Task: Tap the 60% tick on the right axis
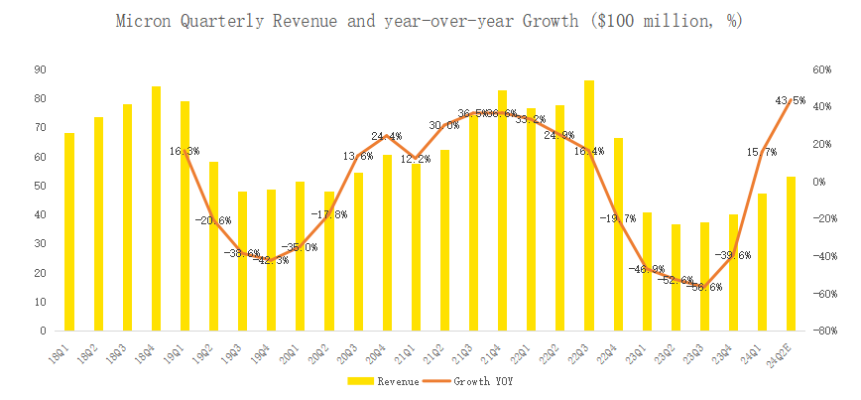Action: tap(821, 69)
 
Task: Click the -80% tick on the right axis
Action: tap(819, 331)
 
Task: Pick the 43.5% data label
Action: tap(790, 101)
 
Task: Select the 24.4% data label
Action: tap(387, 137)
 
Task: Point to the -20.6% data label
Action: tap(212, 220)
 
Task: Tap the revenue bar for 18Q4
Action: tap(156, 208)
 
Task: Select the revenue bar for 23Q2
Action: tap(676, 277)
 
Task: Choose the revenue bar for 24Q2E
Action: tap(792, 253)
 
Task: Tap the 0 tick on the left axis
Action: tap(41, 331)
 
